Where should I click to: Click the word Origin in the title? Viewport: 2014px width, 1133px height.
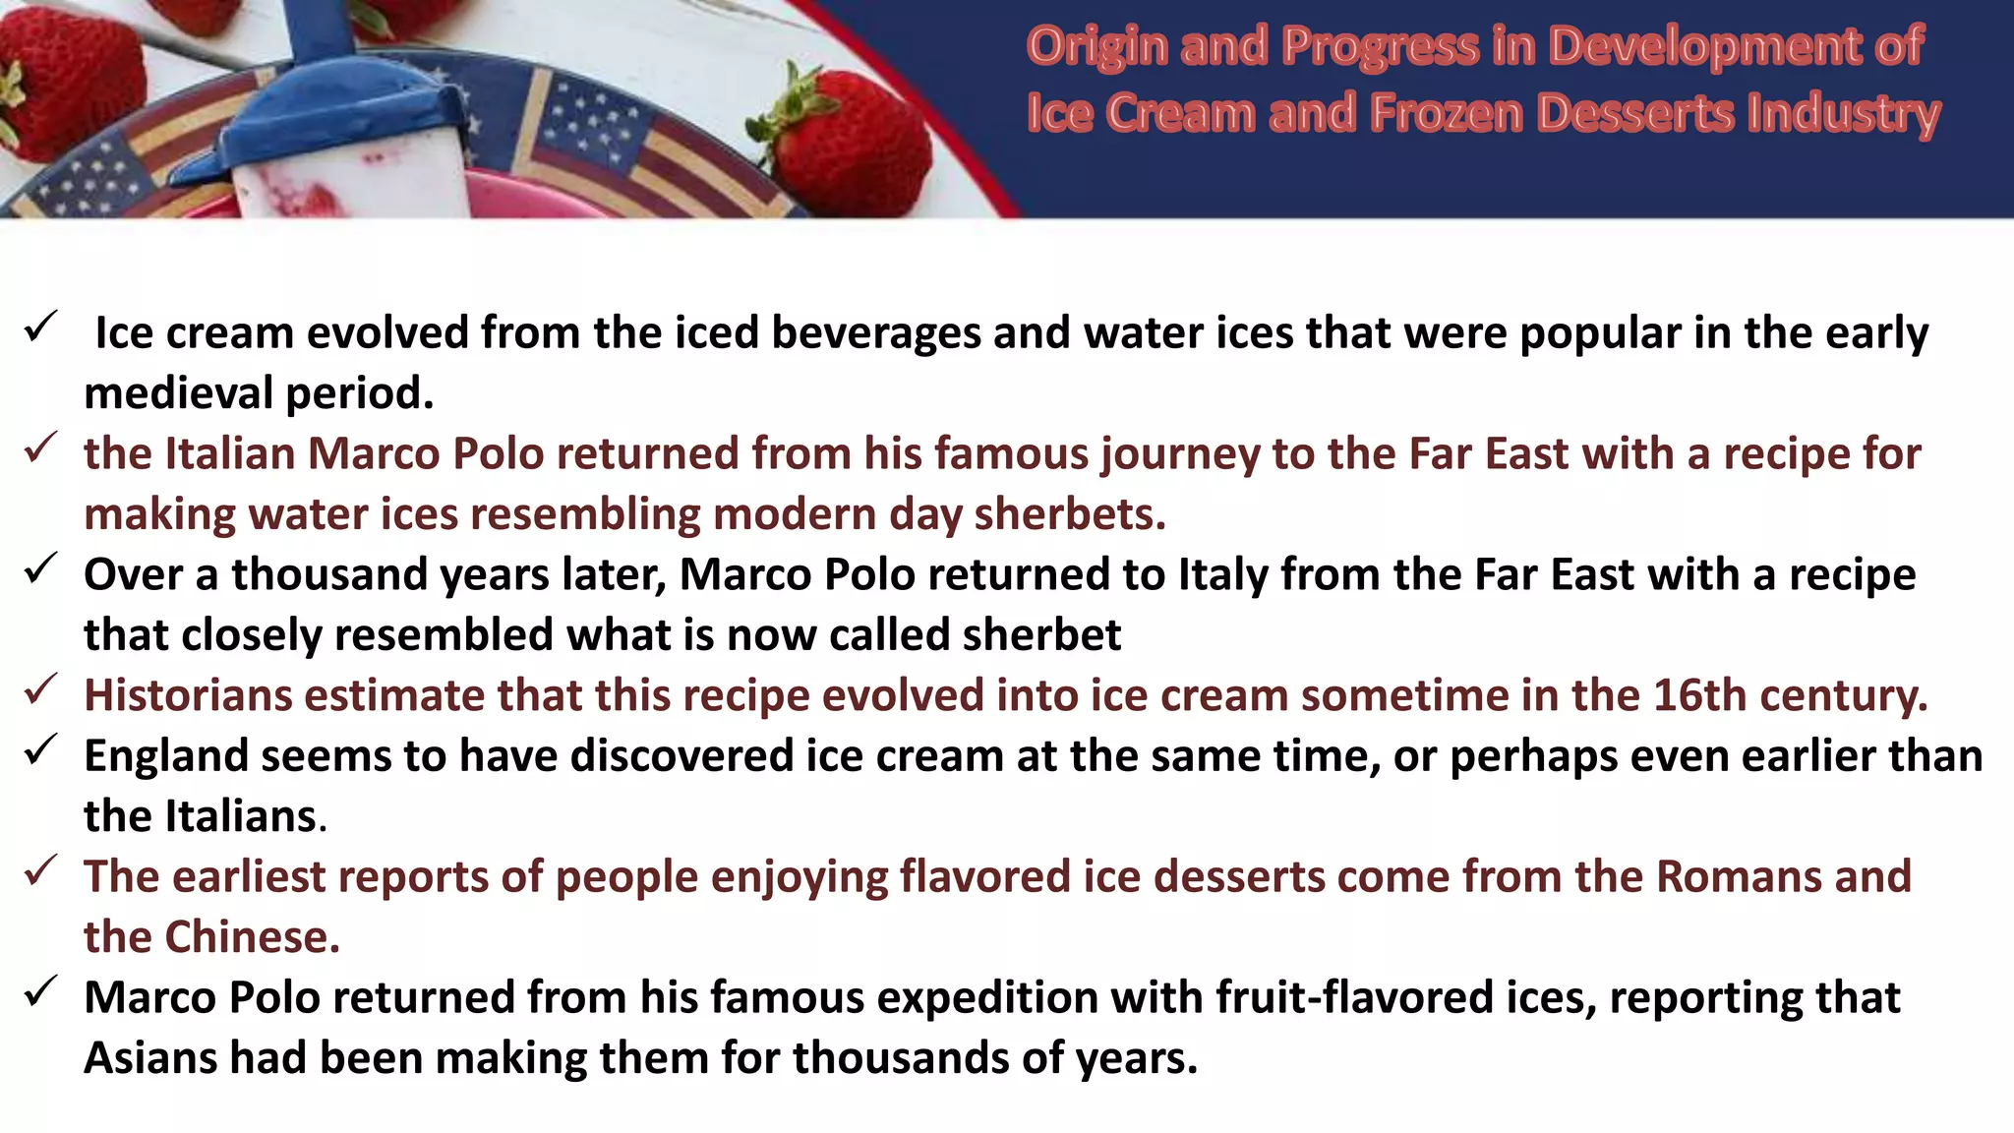click(x=1096, y=46)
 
